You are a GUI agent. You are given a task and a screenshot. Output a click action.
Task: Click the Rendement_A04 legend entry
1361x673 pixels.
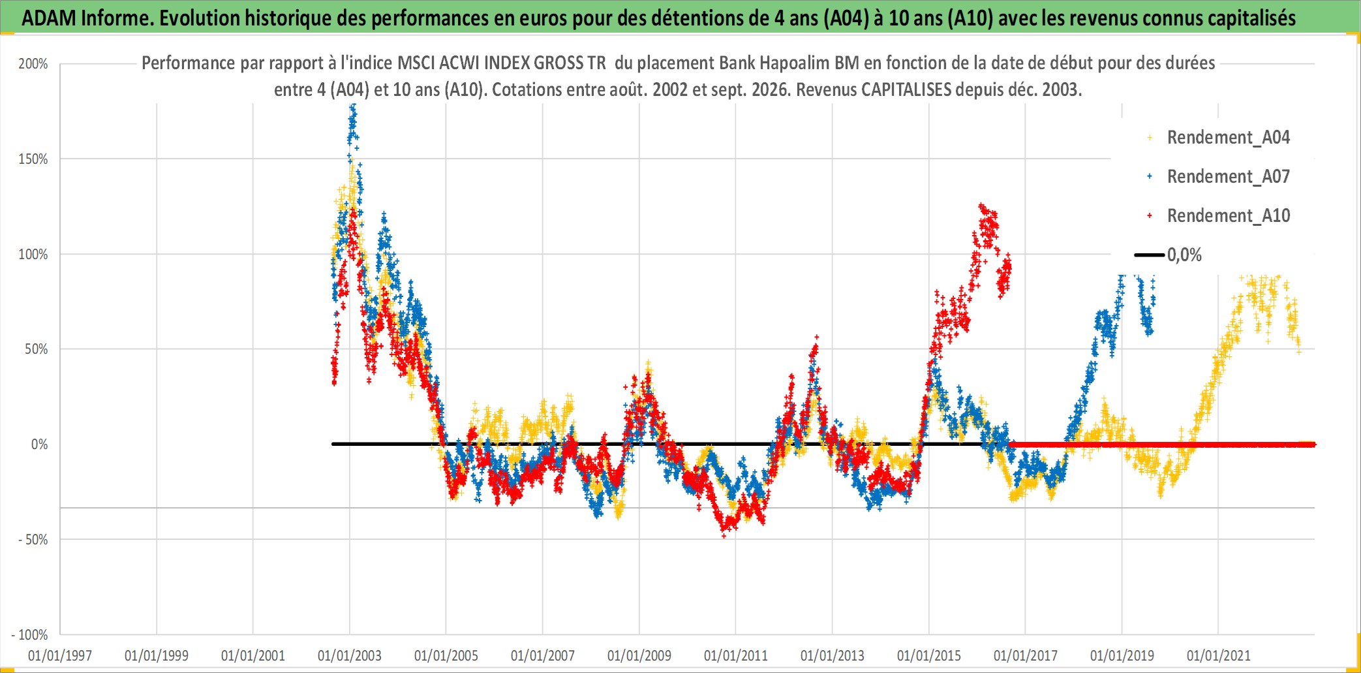click(x=1219, y=138)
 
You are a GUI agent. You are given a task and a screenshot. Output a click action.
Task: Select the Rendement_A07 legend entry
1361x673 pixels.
click(x=1219, y=177)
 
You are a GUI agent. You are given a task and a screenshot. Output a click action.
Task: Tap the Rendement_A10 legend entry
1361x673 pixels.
click(x=1219, y=216)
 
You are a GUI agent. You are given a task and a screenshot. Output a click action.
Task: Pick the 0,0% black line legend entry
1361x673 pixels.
click(x=1169, y=255)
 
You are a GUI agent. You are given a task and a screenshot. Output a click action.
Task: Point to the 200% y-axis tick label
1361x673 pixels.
click(x=33, y=64)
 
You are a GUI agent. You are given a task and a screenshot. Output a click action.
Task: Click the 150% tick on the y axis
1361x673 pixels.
click(x=33, y=159)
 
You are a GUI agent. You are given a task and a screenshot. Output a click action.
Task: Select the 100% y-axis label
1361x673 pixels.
click(x=33, y=255)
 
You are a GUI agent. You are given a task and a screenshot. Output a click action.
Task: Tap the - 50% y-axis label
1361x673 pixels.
click(x=33, y=540)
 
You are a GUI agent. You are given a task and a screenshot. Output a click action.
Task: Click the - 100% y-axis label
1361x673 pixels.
click(x=30, y=635)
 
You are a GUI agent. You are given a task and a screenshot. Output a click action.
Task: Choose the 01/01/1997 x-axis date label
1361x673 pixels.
click(x=60, y=655)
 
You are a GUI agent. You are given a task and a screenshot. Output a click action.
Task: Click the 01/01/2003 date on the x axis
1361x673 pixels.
click(x=350, y=655)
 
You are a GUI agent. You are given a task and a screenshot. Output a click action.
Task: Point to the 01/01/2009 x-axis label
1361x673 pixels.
click(x=639, y=655)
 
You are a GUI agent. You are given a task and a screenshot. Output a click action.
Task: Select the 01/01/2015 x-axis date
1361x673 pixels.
click(x=929, y=655)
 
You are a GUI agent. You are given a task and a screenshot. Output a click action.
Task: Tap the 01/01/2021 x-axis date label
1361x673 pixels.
click(x=1219, y=655)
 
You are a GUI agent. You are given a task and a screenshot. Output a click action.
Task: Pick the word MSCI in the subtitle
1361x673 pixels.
click(x=416, y=63)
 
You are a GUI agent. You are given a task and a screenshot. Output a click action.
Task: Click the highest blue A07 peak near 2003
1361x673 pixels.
click(x=353, y=108)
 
